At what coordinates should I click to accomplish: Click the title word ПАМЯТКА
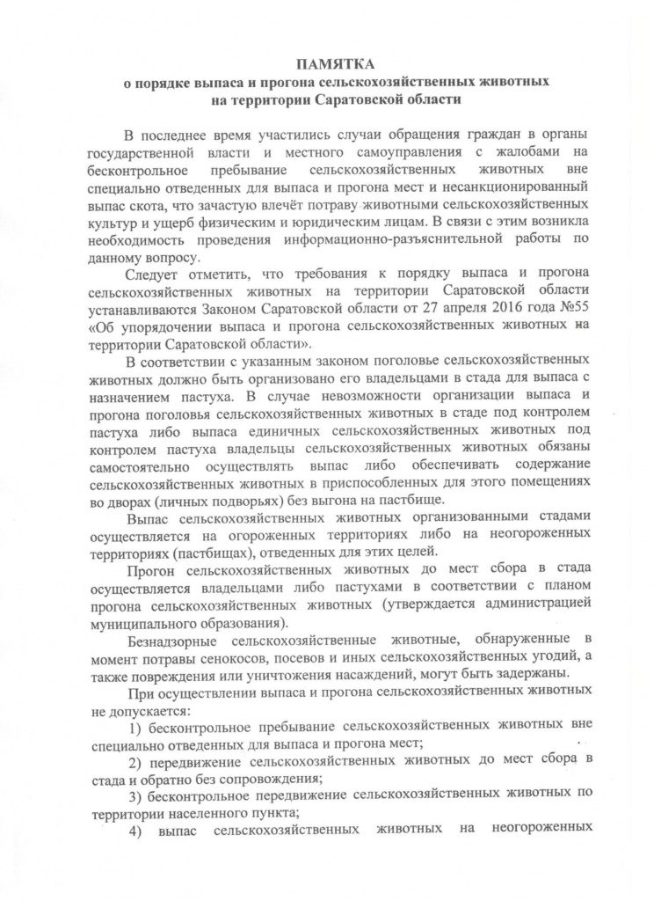click(334, 64)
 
